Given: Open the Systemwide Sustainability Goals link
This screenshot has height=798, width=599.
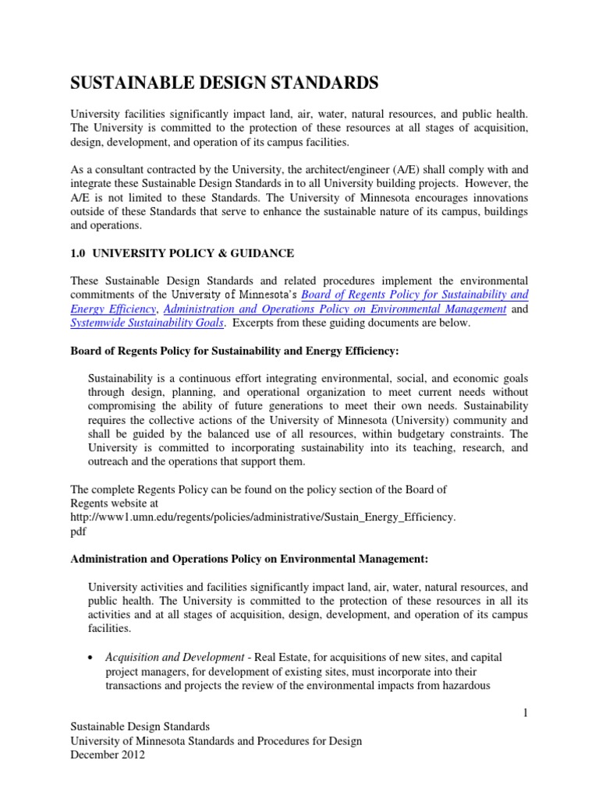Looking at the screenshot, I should click(147, 323).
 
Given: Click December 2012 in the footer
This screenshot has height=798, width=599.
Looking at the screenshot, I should click(108, 755).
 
